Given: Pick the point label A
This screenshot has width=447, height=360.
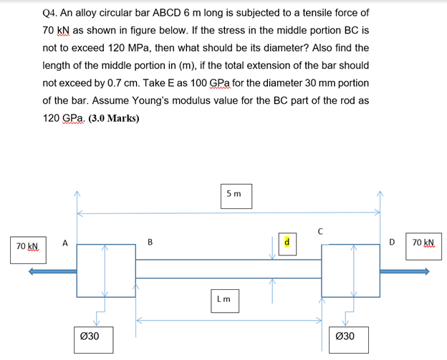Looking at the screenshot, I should pos(64,243).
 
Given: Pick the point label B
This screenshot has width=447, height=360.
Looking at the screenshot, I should pos(150,242).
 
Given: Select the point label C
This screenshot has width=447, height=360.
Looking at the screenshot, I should pos(322,230).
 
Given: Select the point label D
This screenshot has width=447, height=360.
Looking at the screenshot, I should pos(391,243).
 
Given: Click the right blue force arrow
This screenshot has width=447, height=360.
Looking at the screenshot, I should pos(405,271).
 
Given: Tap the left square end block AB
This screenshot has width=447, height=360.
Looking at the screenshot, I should pos(106,270).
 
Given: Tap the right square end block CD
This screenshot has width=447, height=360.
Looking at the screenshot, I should pos(350,270).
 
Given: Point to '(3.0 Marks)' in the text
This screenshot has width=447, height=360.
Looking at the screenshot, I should pos(114,118).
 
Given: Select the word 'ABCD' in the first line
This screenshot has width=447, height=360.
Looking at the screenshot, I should pos(170,13).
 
